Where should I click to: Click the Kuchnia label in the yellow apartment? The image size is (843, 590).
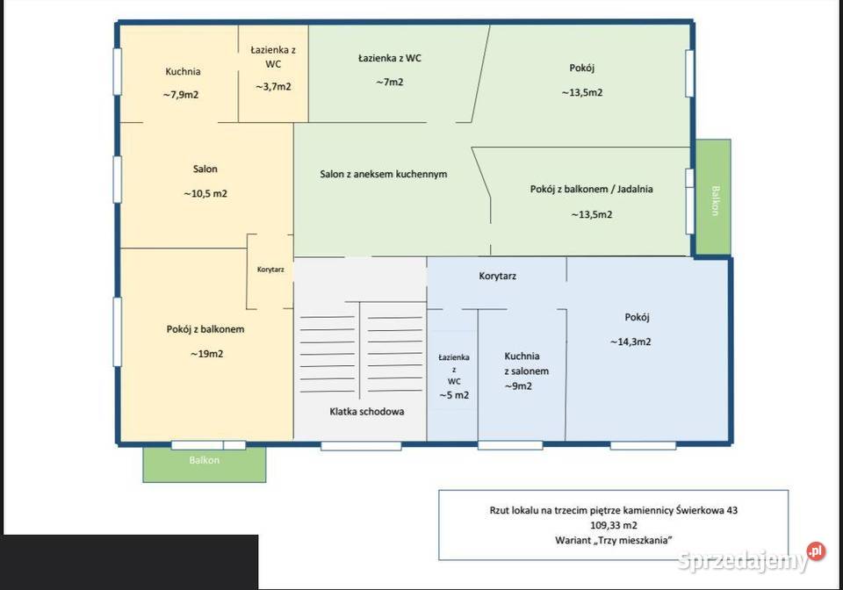coord(183,71)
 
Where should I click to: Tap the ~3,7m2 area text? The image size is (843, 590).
coord(273,87)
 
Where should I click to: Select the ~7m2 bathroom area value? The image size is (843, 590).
coord(390,83)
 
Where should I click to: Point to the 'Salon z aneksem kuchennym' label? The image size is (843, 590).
coord(384,174)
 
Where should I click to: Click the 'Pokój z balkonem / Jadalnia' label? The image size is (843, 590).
coord(591,189)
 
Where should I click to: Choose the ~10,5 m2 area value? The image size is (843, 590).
coord(205,193)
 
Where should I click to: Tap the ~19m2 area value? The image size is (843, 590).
coord(206,354)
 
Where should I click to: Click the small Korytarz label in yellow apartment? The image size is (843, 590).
coord(270,270)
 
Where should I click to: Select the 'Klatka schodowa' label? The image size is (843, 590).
coord(367,412)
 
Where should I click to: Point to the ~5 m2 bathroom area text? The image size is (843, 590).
coord(454,395)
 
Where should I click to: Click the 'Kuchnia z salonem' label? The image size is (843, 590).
coord(526,363)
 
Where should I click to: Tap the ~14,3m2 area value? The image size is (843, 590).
coord(630,342)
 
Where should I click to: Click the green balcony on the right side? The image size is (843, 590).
coord(713,198)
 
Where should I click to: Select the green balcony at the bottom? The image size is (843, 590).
coord(205,464)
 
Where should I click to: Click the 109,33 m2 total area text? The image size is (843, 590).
coord(614,526)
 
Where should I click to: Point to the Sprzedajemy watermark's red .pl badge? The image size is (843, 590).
coord(816,551)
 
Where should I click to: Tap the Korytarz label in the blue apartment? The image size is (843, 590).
coord(497,277)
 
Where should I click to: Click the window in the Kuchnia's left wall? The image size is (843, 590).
coord(117,72)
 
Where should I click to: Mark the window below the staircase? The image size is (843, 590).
coord(361,446)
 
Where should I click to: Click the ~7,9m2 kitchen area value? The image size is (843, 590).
coord(181,95)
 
